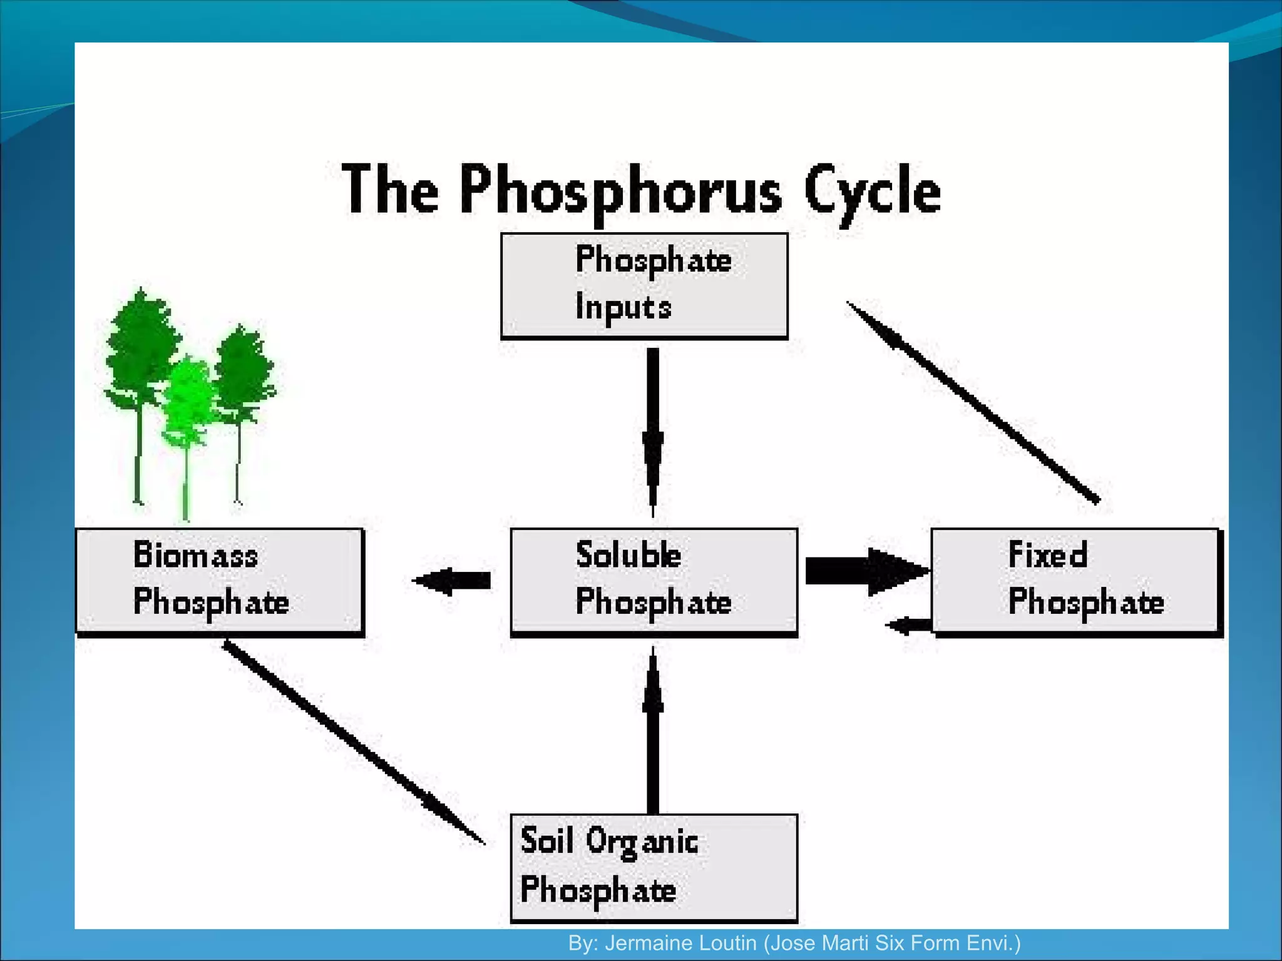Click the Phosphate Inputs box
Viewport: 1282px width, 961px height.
pyautogui.click(x=644, y=286)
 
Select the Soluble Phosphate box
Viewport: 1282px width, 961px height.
pyautogui.click(x=654, y=581)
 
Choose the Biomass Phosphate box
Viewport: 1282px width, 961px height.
pyautogui.click(x=219, y=581)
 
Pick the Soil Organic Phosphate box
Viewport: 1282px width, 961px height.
pyautogui.click(x=654, y=867)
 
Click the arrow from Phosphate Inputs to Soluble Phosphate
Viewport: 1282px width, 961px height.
pyautogui.click(x=653, y=432)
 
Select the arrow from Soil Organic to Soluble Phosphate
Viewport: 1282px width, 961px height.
pyautogui.click(x=653, y=732)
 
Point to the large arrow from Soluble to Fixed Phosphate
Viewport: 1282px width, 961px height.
pyautogui.click(x=867, y=571)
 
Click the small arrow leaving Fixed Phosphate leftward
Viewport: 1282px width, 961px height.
pyautogui.click(x=909, y=624)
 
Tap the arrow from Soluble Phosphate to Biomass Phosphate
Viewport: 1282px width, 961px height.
pyautogui.click(x=452, y=581)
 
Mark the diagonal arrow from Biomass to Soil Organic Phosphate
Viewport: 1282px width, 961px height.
pyautogui.click(x=354, y=743)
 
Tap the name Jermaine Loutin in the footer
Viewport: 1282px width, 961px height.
pyautogui.click(x=680, y=943)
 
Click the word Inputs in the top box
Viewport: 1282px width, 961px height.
pyautogui.click(x=623, y=308)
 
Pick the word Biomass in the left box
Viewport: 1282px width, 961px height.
pyautogui.click(x=195, y=555)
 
